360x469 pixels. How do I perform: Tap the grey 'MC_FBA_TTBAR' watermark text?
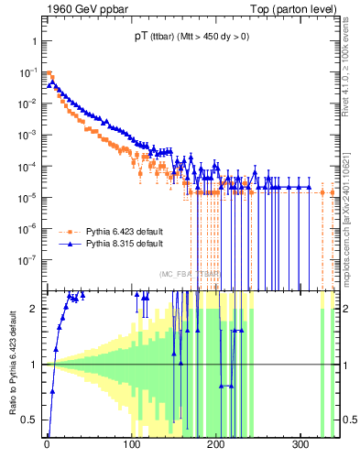[191, 274]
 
